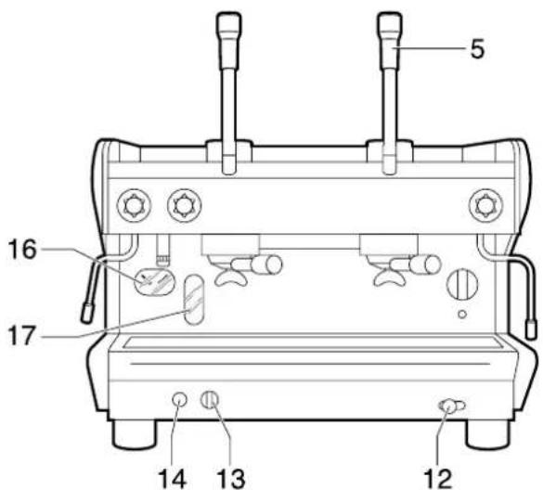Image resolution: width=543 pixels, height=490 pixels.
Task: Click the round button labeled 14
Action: [x=181, y=399]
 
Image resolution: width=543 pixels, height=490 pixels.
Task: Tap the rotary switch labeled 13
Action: [x=210, y=399]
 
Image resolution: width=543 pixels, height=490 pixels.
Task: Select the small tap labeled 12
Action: [x=449, y=405]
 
